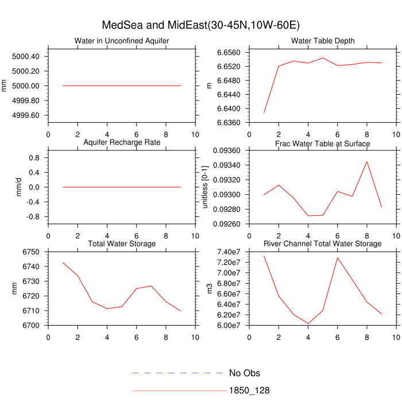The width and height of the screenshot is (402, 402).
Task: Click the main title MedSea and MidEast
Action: pyautogui.click(x=200, y=25)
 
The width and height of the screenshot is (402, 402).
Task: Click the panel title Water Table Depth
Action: pyautogui.click(x=323, y=41)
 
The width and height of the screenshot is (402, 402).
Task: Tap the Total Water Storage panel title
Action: pyautogui.click(x=122, y=244)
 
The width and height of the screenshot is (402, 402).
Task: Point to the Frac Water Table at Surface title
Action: pyautogui.click(x=323, y=143)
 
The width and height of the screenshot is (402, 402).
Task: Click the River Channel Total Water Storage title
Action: pyautogui.click(x=323, y=244)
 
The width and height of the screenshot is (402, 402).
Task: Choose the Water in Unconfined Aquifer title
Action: pyautogui.click(x=122, y=41)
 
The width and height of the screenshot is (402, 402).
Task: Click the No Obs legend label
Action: pyautogui.click(x=244, y=373)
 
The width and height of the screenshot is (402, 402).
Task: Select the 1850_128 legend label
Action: pyautogui.click(x=249, y=391)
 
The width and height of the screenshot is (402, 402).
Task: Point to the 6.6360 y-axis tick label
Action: pyautogui.click(x=228, y=122)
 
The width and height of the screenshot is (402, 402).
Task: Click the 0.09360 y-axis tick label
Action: pyautogui.click(x=228, y=150)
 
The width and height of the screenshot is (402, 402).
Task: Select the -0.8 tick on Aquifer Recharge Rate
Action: pyautogui.click(x=34, y=217)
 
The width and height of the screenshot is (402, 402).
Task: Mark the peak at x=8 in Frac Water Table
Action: pyautogui.click(x=366, y=161)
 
